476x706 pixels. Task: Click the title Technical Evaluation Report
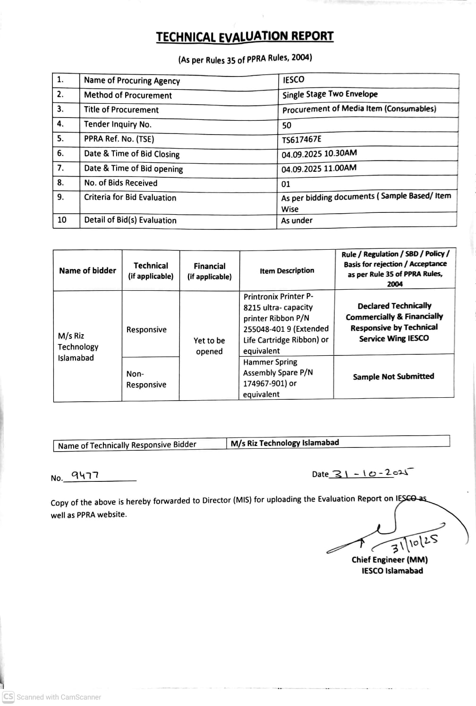click(245, 37)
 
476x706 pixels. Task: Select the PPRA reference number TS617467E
click(301, 139)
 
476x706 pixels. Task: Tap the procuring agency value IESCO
click(293, 80)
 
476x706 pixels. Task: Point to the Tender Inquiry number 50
click(287, 126)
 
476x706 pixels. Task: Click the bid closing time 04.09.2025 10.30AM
click(319, 154)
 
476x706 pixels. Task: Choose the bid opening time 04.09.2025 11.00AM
click(319, 169)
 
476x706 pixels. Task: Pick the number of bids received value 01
click(286, 184)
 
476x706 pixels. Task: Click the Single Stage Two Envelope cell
click(330, 94)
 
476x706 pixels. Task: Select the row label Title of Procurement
click(121, 110)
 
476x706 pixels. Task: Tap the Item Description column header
click(287, 270)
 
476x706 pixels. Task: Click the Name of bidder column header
click(87, 270)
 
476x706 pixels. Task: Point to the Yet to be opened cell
click(209, 346)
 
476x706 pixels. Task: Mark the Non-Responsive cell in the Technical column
click(146, 379)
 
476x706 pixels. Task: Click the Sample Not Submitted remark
click(393, 377)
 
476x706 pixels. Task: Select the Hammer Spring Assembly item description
click(278, 378)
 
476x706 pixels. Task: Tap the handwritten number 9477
click(85, 475)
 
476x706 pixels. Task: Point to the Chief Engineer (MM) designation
click(390, 560)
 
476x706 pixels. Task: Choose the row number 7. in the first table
click(60, 168)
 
